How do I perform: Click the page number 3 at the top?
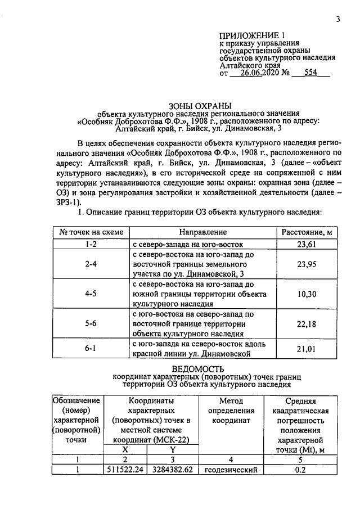pyautogui.click(x=338, y=19)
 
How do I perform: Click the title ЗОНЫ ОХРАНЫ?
pyautogui.click(x=200, y=105)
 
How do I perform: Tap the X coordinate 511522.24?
pyautogui.click(x=126, y=470)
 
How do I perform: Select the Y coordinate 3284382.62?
pyautogui.click(x=173, y=470)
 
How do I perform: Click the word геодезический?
pyautogui.click(x=231, y=470)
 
